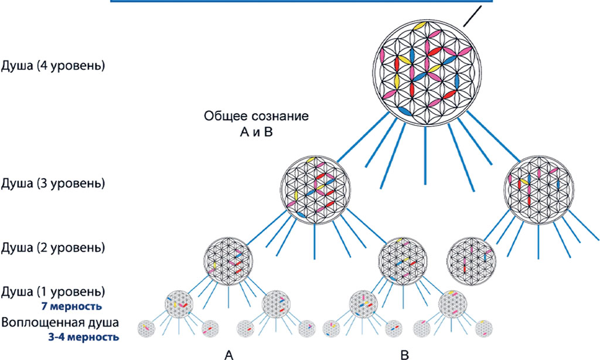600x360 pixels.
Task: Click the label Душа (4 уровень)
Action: pyautogui.click(x=54, y=65)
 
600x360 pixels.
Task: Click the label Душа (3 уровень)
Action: pyautogui.click(x=54, y=184)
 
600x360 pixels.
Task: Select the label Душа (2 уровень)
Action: pyautogui.click(x=54, y=247)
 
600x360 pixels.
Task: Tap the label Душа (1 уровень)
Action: pyautogui.click(x=54, y=291)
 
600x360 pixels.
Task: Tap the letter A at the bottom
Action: pyautogui.click(x=230, y=354)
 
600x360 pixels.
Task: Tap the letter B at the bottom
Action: pyautogui.click(x=404, y=354)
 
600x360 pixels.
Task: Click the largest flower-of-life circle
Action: pyautogui.click(x=425, y=70)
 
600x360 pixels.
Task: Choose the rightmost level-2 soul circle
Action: pyautogui.click(x=471, y=259)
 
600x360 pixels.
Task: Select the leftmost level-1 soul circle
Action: pyautogui.click(x=179, y=303)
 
